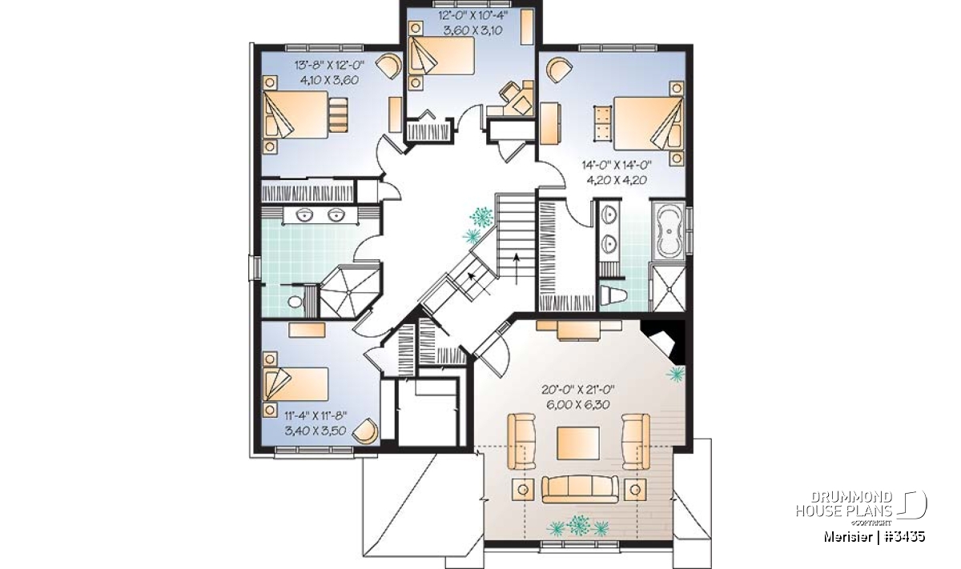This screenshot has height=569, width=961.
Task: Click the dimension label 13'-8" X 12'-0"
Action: pyautogui.click(x=329, y=65)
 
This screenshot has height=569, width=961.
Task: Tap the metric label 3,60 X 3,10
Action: pyautogui.click(x=472, y=30)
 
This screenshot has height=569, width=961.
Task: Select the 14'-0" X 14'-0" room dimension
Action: pyautogui.click(x=617, y=165)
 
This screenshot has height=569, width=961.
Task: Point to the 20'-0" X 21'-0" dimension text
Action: pyautogui.click(x=578, y=390)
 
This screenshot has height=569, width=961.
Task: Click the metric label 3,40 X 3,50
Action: pyautogui.click(x=316, y=431)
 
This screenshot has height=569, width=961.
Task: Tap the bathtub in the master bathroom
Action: pyautogui.click(x=669, y=230)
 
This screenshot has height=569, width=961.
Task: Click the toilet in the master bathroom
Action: pyautogui.click(x=613, y=295)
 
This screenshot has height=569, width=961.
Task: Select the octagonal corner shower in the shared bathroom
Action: pyautogui.click(x=350, y=291)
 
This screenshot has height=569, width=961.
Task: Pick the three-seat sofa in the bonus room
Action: pyautogui.click(x=580, y=489)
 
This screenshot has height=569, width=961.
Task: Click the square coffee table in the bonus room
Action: pyautogui.click(x=578, y=443)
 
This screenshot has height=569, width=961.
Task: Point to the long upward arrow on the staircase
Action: pyautogui.click(x=517, y=269)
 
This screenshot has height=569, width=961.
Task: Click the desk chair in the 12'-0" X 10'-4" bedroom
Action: pyautogui.click(x=508, y=92)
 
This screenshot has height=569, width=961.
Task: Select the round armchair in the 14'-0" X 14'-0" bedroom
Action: pyautogui.click(x=560, y=69)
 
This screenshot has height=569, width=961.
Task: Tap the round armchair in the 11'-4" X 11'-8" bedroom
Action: pyautogui.click(x=365, y=431)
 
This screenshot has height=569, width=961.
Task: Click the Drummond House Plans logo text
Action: pyautogui.click(x=844, y=504)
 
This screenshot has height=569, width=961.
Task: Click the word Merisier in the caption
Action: pyautogui.click(x=847, y=537)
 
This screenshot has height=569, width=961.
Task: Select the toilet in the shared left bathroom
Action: pyautogui.click(x=296, y=302)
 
